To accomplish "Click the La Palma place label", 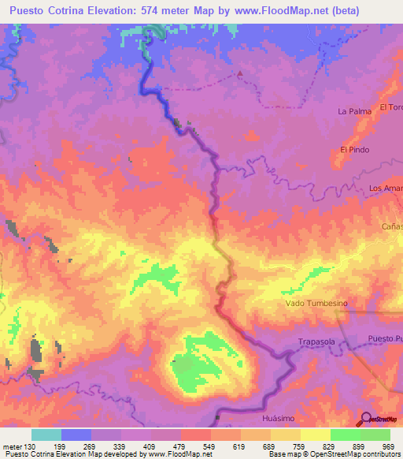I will (354, 111).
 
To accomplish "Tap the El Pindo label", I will (354, 149).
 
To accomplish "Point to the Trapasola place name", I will (316, 341).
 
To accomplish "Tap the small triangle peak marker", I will (241, 75).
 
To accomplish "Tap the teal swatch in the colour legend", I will (46, 435).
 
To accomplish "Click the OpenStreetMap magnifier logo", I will (366, 419).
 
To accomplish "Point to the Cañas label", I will (392, 226).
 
